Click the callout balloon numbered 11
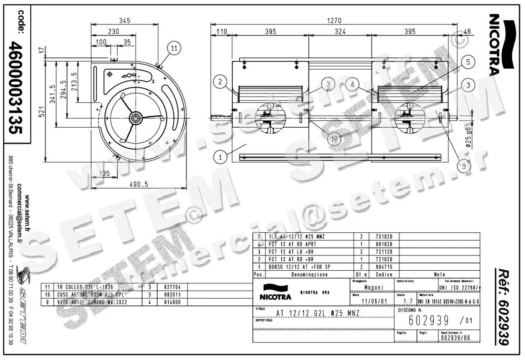(174, 49)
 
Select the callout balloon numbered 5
(468, 62)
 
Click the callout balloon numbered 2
(221, 81)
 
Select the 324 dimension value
(340, 31)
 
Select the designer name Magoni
(373, 287)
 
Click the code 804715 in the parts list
(385, 266)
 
